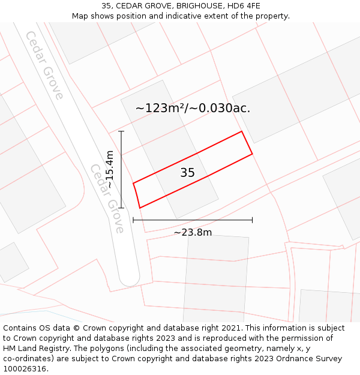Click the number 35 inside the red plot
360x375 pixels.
(187, 173)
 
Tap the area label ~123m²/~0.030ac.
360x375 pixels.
(193, 109)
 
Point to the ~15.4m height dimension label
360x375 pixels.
(109, 169)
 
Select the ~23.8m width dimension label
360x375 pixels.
(193, 232)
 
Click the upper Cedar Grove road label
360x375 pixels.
(44, 65)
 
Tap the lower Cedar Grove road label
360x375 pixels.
(107, 198)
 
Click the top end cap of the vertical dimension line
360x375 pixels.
(121, 131)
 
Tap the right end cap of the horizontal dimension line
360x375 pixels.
(252, 220)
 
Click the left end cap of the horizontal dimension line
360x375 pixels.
(133, 220)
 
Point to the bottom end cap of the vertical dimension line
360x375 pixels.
(121, 208)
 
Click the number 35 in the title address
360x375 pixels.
(107, 6)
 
